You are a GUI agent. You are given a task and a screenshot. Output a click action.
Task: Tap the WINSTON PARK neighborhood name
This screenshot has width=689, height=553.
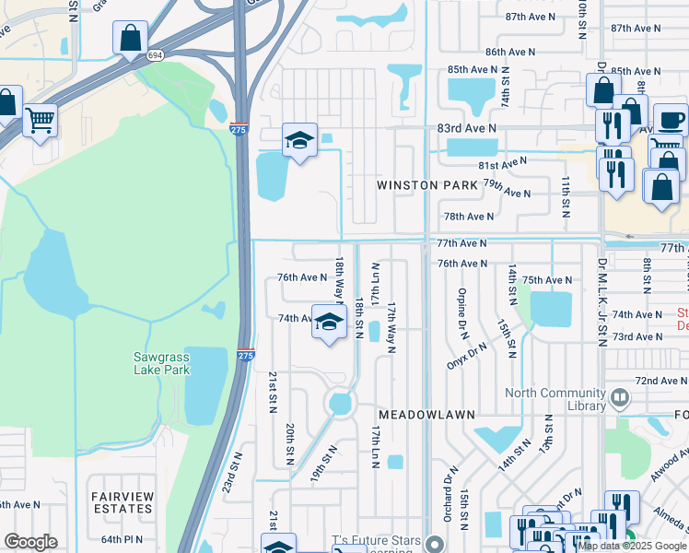point(427,185)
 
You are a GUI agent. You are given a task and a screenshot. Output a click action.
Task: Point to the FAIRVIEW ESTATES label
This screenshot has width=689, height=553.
point(122,502)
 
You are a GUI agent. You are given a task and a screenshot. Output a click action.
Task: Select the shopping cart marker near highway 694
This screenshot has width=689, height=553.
point(40,120)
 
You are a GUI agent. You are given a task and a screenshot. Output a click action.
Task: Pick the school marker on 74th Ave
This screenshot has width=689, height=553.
point(328,323)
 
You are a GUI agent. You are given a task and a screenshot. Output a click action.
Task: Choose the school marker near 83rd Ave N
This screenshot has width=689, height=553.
point(299,141)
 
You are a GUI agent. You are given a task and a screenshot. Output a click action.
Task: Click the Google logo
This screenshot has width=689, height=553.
point(30,542)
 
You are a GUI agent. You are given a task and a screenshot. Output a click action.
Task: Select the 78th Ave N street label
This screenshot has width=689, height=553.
point(469,217)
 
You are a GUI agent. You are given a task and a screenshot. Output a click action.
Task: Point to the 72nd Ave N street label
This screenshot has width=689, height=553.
point(660,381)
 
